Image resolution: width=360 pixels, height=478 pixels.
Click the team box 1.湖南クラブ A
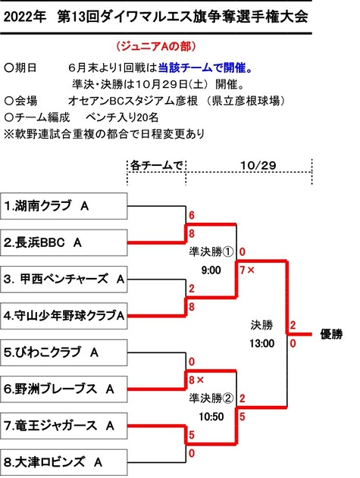tap(64, 206)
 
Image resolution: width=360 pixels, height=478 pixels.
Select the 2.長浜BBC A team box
tap(64, 242)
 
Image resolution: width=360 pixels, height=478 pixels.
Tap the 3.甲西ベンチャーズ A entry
tap(64, 280)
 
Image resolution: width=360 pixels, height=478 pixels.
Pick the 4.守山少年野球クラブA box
tap(64, 316)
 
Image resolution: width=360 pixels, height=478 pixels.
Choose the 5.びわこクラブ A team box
tap(64, 352)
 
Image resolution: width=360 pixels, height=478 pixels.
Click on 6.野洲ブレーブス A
tap(64, 389)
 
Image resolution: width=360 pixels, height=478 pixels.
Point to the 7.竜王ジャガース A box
tap(64, 426)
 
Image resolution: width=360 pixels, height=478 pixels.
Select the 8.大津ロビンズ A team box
tap(64, 462)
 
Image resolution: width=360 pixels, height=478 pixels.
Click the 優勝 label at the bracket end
tap(331, 334)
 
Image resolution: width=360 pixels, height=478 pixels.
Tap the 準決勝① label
tap(211, 251)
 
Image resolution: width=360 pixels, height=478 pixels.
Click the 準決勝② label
tap(211, 398)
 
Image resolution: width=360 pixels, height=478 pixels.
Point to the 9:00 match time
tap(211, 270)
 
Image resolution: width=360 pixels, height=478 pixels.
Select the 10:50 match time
tap(211, 417)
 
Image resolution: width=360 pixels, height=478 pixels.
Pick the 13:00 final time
tap(261, 344)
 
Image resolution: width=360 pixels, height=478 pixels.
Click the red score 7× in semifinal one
tap(247, 270)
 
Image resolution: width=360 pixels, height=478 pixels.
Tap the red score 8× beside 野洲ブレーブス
tap(196, 380)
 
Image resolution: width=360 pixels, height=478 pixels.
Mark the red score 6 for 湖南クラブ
tap(192, 215)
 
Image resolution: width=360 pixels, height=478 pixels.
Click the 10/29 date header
tap(258, 166)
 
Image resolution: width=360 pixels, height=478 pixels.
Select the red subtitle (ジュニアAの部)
tap(156, 46)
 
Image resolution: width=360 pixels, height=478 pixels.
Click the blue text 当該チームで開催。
tap(205, 67)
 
